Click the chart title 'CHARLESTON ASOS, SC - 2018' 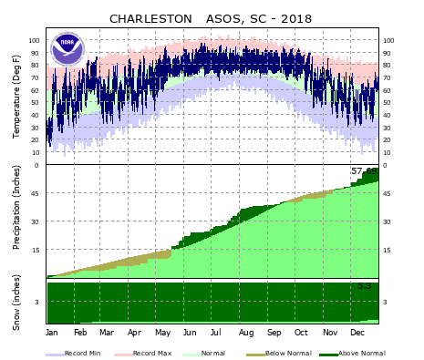tap(211, 18)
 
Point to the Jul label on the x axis tap(217, 334)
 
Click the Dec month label tap(357, 334)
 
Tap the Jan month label tap(52, 334)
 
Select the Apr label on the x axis tap(134, 334)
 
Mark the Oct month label tap(301, 334)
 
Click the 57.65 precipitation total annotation tap(363, 171)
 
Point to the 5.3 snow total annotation tap(364, 286)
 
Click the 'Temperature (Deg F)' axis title tap(16, 96)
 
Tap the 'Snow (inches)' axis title tap(16, 302)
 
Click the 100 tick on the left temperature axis tap(35, 41)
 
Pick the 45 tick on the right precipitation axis tap(388, 193)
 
